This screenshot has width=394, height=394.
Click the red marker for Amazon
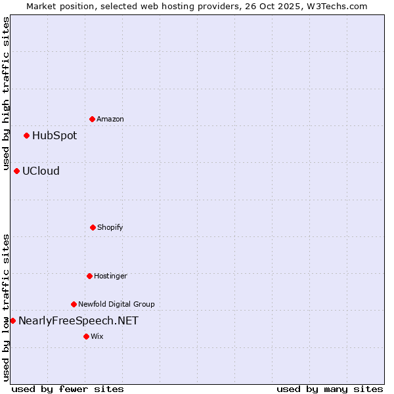click(x=92, y=119)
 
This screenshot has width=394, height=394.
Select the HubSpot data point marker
click(x=26, y=136)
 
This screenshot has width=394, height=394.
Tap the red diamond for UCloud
click(x=16, y=171)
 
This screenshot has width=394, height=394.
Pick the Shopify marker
click(x=93, y=227)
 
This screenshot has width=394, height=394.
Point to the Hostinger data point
click(x=89, y=276)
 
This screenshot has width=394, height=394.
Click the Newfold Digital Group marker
click(x=74, y=304)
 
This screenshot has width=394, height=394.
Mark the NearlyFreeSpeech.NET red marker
click(x=12, y=320)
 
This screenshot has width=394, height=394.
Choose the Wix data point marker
click(x=86, y=336)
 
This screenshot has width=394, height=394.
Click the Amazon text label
click(x=110, y=119)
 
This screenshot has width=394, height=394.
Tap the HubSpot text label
click(x=55, y=136)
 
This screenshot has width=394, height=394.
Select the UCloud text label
click(x=41, y=171)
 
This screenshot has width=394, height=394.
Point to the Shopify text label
click(x=110, y=227)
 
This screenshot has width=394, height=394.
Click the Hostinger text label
click(x=110, y=276)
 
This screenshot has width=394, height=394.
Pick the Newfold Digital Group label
click(x=116, y=304)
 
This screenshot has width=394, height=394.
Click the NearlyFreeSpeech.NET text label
click(x=78, y=320)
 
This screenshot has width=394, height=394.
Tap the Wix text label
click(x=97, y=336)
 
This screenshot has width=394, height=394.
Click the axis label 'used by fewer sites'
click(x=68, y=389)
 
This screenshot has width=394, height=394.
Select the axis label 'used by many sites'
click(x=330, y=389)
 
